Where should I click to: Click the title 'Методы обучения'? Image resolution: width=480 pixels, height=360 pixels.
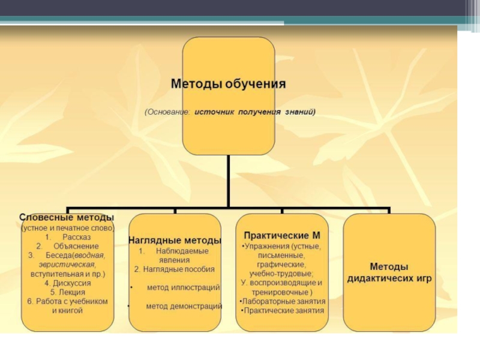(x=229, y=83)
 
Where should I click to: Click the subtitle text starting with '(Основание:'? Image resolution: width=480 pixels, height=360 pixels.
(x=229, y=112)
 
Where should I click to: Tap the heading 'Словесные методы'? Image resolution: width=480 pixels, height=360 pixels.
(x=67, y=217)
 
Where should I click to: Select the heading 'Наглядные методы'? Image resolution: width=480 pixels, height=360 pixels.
(x=175, y=240)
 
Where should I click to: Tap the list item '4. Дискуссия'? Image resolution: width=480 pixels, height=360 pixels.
(x=67, y=283)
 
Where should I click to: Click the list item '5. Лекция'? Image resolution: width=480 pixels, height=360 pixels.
(x=67, y=292)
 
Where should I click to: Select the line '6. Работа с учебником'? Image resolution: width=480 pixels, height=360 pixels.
(x=67, y=301)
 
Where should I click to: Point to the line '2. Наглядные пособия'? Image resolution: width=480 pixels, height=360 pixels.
(x=174, y=269)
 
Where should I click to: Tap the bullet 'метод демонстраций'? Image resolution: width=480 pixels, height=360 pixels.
(x=184, y=306)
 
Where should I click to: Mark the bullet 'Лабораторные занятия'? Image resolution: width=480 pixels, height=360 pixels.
(x=282, y=301)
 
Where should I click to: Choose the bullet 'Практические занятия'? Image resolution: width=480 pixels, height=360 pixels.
(x=282, y=311)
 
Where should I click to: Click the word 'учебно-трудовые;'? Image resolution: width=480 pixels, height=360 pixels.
(x=281, y=273)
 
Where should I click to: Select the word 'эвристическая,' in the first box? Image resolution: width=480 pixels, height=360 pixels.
(x=67, y=265)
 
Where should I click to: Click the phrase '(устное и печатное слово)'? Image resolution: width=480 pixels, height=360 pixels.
(x=67, y=228)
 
